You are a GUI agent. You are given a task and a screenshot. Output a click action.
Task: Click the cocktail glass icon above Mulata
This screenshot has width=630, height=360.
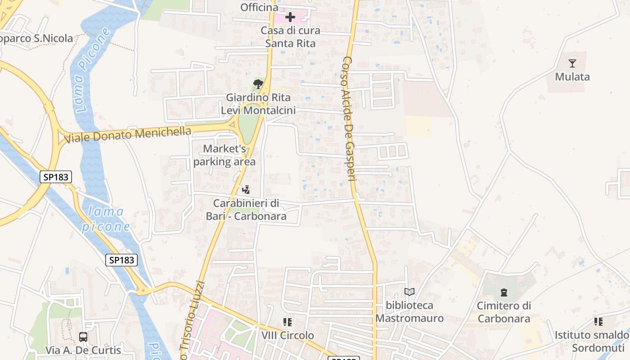572,63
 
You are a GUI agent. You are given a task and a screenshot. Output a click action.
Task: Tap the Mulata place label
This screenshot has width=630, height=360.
572,76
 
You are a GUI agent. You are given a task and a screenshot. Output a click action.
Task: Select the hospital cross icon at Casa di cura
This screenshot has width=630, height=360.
290,18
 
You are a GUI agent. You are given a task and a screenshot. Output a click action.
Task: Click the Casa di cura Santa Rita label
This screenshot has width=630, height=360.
290,37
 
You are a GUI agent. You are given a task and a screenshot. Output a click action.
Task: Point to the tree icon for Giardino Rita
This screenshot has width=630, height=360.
258,84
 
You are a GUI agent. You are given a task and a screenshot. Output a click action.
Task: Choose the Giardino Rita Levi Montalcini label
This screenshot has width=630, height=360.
258,104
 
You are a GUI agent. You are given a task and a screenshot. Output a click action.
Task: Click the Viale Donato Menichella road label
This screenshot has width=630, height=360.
128,134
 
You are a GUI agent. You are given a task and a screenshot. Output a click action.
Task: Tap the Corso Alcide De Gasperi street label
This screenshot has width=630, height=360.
350,119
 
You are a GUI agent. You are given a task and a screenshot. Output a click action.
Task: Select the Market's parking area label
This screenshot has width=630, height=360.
225,155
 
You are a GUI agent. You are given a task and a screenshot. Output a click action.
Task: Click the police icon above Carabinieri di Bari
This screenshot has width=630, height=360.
246,190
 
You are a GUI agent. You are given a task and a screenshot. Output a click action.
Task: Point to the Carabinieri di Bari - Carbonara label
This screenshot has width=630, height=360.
246,210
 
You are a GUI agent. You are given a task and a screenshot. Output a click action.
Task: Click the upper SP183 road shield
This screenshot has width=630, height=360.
56,177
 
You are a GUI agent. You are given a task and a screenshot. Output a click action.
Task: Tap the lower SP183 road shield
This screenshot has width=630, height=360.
121,260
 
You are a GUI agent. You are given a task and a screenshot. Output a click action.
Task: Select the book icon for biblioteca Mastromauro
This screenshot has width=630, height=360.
409,292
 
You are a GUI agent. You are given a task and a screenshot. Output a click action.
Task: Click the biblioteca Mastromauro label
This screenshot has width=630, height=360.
409,312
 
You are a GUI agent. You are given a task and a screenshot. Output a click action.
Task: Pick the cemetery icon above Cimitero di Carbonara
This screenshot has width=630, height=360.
504,293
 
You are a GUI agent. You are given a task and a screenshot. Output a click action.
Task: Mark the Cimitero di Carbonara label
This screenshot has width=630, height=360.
504,312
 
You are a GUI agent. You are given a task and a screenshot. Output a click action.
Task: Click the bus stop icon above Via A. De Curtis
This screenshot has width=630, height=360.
83,337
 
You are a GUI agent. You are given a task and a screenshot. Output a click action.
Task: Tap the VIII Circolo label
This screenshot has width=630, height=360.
288,336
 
